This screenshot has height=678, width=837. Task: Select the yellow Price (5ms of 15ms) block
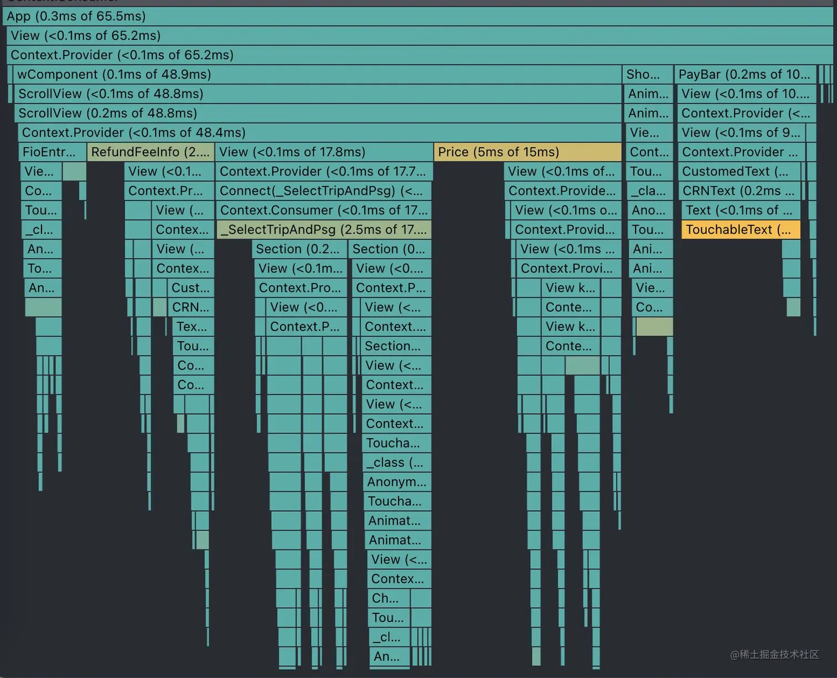pyautogui.click(x=527, y=152)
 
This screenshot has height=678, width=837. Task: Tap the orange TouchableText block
pyautogui.click(x=740, y=230)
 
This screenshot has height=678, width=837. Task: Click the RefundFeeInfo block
pyautogui.click(x=150, y=152)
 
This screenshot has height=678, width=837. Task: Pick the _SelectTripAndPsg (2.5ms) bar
pyautogui.click(x=324, y=230)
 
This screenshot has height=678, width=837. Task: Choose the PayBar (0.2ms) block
pyautogui.click(x=745, y=74)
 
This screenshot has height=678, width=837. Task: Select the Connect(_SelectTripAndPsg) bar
pyautogui.click(x=324, y=191)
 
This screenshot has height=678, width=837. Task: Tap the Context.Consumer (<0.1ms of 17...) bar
pyautogui.click(x=324, y=210)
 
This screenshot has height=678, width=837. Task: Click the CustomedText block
pyautogui.click(x=739, y=172)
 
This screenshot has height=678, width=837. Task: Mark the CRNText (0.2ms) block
pyautogui.click(x=739, y=191)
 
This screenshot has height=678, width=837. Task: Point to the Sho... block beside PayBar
pyautogui.click(x=647, y=74)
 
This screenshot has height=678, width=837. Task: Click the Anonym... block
pyautogui.click(x=397, y=482)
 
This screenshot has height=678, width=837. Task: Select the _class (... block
pyautogui.click(x=397, y=463)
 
